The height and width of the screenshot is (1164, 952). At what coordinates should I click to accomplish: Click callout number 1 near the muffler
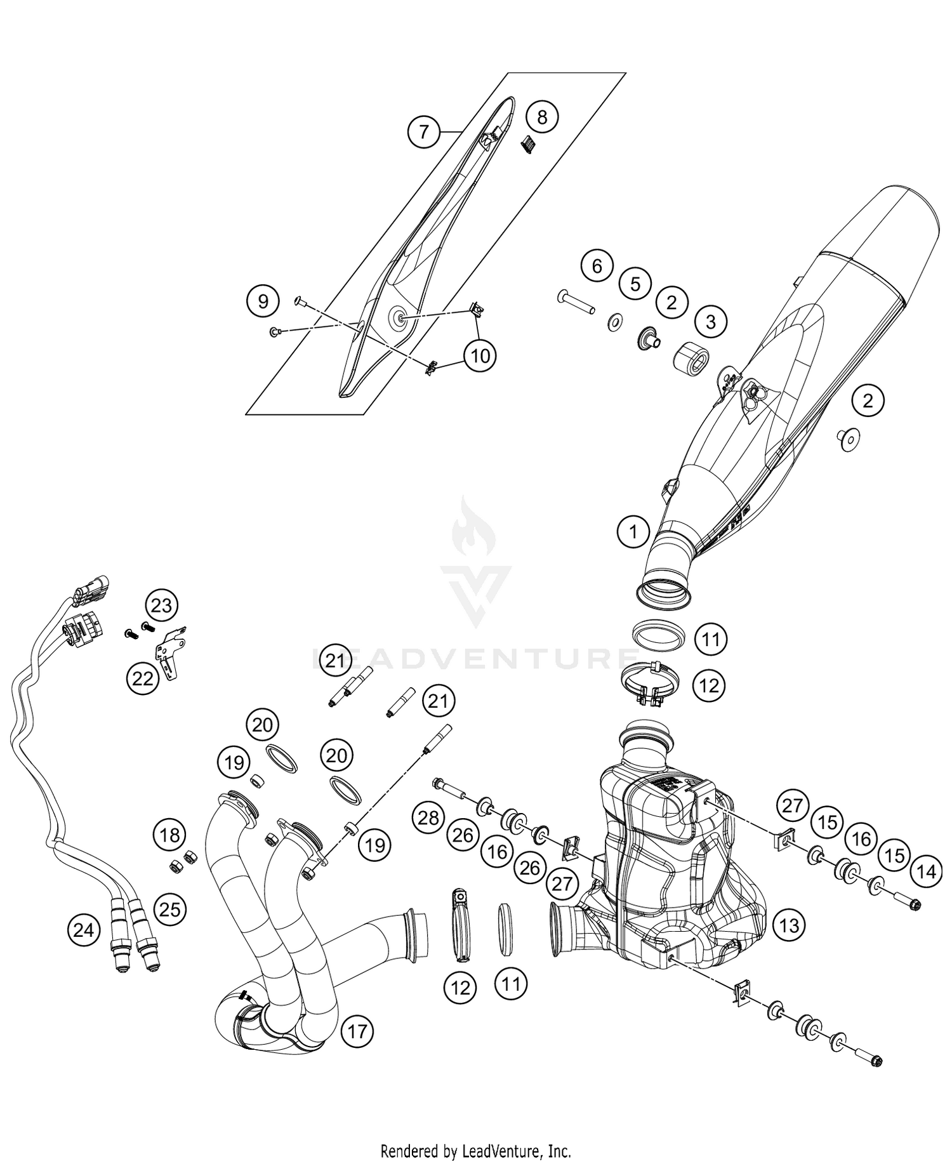[x=633, y=531]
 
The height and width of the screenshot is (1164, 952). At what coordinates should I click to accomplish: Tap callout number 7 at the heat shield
[x=423, y=132]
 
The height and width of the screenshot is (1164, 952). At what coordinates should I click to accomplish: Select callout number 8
[x=541, y=117]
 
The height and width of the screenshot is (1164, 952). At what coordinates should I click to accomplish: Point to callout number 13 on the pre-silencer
[x=789, y=925]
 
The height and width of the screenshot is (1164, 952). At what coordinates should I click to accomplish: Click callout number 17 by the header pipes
[x=357, y=1031]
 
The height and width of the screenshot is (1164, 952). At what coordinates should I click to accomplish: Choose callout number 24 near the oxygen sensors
[x=83, y=930]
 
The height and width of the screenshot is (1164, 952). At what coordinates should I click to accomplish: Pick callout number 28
[x=428, y=817]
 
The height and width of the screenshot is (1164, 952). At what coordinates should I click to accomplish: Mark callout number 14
[x=926, y=872]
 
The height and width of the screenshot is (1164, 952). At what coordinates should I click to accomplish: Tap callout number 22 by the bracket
[x=143, y=678]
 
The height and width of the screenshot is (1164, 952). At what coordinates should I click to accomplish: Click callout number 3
[x=710, y=322]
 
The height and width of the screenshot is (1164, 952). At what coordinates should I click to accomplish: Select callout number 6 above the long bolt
[x=597, y=266]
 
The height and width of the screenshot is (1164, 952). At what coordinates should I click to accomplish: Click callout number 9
[x=263, y=300]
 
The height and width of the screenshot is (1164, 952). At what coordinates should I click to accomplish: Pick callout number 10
[x=480, y=356]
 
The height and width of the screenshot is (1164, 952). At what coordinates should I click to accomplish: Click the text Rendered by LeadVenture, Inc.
[x=475, y=1150]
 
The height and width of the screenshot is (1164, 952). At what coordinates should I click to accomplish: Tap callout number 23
[x=161, y=605]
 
